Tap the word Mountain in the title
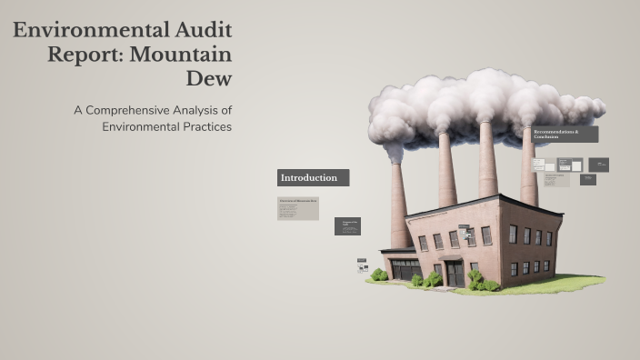[x=183, y=54]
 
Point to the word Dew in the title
[x=209, y=78]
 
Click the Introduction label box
[x=313, y=177]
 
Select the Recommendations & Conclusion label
[x=565, y=134]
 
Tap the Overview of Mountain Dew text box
[x=298, y=208]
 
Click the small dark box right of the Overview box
[x=347, y=225]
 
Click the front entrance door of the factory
[x=454, y=273]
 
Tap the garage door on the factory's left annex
[x=405, y=269]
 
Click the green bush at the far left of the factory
[x=378, y=275]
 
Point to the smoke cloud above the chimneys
[x=482, y=105]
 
